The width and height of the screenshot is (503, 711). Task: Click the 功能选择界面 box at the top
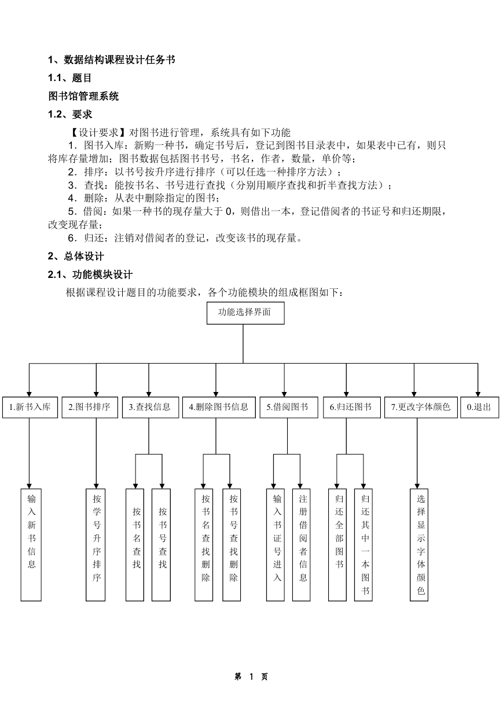click(245, 313)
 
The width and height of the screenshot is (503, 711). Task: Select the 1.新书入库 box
click(30, 407)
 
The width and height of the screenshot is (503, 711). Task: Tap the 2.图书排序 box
click(90, 407)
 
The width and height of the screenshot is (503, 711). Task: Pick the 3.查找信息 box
click(150, 407)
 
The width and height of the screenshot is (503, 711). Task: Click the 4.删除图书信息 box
click(219, 407)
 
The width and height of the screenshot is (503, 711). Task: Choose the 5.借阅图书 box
click(289, 407)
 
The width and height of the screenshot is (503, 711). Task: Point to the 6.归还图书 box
click(351, 407)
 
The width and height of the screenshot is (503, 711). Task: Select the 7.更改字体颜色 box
click(421, 407)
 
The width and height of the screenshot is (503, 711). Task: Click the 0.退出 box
click(480, 407)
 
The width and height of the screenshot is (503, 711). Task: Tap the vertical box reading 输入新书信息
click(31, 545)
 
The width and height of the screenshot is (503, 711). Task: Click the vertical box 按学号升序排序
click(96, 545)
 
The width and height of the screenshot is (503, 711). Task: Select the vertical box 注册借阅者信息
click(301, 545)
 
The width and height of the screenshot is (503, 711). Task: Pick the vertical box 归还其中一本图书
click(364, 545)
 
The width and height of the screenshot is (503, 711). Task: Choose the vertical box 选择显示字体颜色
click(419, 545)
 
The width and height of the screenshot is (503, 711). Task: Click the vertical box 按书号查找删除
click(232, 545)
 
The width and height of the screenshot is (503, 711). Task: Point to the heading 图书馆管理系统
click(83, 96)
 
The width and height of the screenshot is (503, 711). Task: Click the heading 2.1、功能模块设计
click(90, 274)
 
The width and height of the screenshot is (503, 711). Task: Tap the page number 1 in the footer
click(251, 677)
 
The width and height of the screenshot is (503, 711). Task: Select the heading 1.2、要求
click(70, 114)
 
